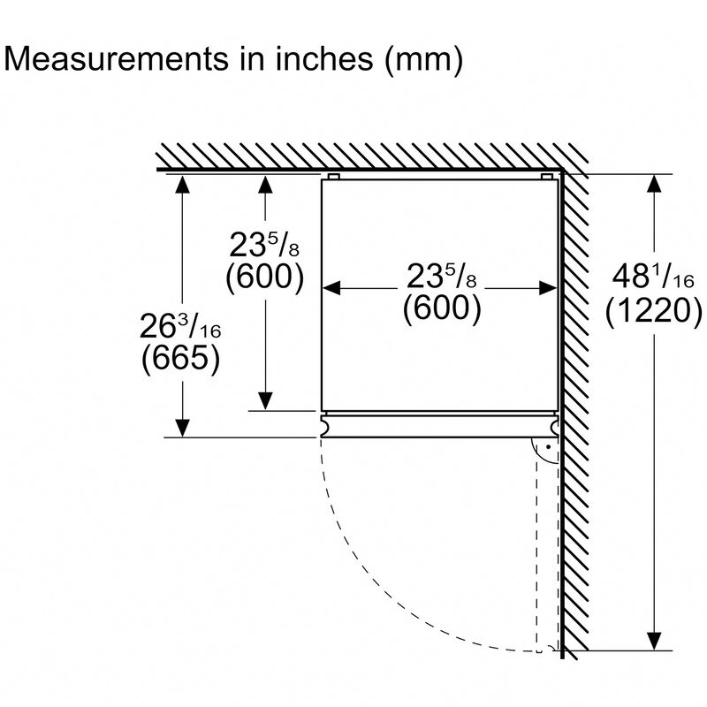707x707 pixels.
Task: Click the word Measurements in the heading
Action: [x=117, y=58]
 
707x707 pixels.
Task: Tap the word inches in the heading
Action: [x=324, y=58]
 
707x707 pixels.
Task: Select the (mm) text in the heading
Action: [x=423, y=60]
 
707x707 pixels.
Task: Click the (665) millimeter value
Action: [x=180, y=358]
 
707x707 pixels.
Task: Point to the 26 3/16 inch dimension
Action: [x=180, y=326]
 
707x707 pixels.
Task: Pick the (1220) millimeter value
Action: [x=653, y=311]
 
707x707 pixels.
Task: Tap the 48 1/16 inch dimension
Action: [x=653, y=276]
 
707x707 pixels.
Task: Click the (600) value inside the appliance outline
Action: [x=442, y=308]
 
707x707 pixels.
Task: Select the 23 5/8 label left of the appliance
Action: [x=264, y=245]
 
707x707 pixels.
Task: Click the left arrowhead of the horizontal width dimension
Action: [x=331, y=288]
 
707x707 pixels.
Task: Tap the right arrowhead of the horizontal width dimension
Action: [x=548, y=288]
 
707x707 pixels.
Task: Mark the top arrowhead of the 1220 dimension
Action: [x=654, y=184]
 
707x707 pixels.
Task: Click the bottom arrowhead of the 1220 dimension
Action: [x=654, y=641]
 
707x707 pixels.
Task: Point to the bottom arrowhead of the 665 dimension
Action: [x=182, y=428]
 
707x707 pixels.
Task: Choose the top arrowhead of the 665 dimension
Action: [x=182, y=184]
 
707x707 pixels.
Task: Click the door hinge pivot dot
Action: [x=548, y=447]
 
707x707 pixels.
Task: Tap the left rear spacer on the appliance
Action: [x=334, y=176]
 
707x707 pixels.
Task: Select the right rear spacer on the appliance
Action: [x=546, y=176]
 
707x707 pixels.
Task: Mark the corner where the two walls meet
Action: [x=562, y=170]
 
